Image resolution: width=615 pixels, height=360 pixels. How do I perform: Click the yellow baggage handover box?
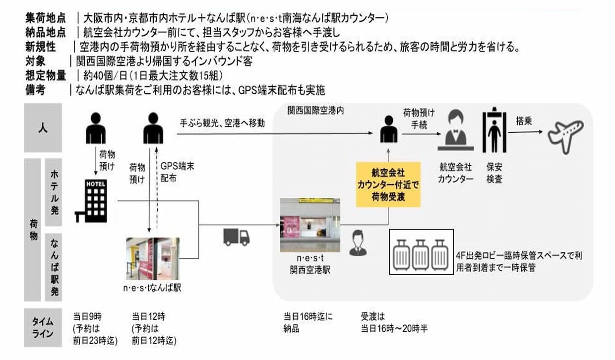click(388, 184)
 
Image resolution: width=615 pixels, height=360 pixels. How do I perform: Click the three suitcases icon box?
click(422, 252)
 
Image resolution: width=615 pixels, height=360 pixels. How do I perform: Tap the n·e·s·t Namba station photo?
click(153, 259)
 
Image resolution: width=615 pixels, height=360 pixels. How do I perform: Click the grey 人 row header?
click(43, 127)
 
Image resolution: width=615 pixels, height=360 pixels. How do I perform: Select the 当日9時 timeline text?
click(88, 316)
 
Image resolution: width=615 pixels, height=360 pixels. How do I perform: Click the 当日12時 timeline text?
click(149, 316)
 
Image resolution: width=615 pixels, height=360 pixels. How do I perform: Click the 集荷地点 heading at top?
click(46, 18)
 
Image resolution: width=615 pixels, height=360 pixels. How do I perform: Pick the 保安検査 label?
click(494, 174)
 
